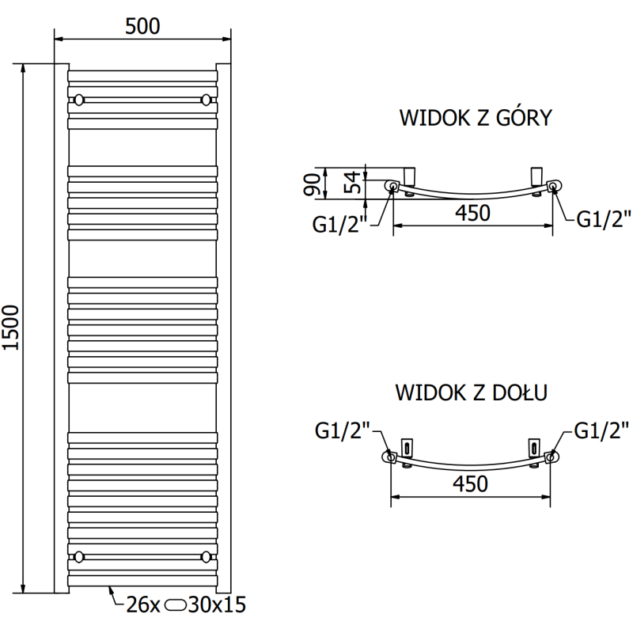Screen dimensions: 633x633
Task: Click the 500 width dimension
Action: pos(142,25)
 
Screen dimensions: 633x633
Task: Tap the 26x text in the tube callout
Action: pos(143,606)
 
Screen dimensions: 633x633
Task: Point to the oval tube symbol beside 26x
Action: pos(177,606)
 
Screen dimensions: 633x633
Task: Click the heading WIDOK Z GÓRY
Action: pos(475,119)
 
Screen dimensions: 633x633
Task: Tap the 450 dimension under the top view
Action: pos(472,213)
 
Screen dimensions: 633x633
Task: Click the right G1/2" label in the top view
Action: pos(603,219)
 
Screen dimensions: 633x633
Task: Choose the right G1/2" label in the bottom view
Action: pos(601,431)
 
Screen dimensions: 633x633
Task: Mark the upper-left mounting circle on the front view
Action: pos(79,100)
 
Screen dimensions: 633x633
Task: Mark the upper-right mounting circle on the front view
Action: pos(207,100)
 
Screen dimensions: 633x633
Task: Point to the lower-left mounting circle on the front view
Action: pos(79,555)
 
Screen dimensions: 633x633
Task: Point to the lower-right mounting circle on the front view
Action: pos(207,555)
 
